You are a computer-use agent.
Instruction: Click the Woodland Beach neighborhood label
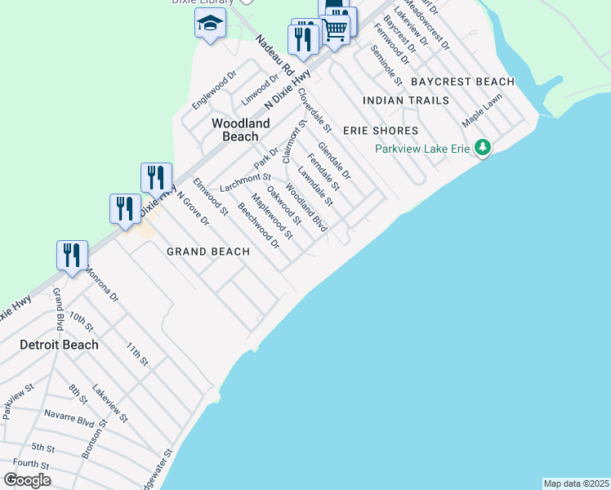[x=240, y=130]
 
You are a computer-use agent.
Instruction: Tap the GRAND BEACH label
[x=208, y=252]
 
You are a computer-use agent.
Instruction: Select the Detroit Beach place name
[x=59, y=345]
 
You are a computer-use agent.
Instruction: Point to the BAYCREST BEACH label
[x=462, y=82]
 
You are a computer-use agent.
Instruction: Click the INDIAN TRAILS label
[x=406, y=100]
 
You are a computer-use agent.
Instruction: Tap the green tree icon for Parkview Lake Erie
[x=484, y=147]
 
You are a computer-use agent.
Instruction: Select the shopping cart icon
[x=336, y=29]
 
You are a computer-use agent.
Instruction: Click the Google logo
[x=27, y=480]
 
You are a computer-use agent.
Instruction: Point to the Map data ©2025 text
[x=576, y=483]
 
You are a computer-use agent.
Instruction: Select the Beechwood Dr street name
[x=258, y=225]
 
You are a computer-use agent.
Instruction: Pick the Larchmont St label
[x=245, y=178]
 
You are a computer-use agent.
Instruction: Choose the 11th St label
[x=137, y=353]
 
